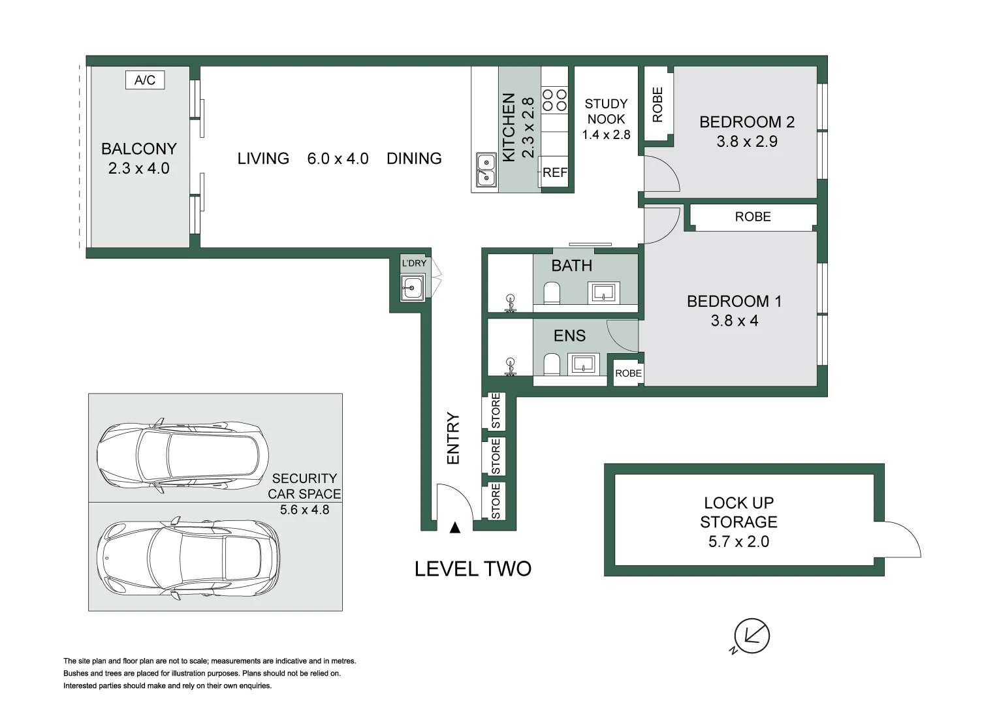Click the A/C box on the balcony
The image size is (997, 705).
pos(145,80)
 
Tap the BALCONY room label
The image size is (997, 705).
pos(138,149)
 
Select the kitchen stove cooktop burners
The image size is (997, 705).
pos(554,100)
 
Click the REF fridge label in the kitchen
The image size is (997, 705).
pos(554,173)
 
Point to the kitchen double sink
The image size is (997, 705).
pos(485,170)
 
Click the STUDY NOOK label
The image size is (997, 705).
pos(606,112)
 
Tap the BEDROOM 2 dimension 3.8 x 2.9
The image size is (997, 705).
pos(746,142)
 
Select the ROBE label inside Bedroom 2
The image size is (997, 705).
pos(657,104)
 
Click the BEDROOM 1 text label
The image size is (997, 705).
pos(734,302)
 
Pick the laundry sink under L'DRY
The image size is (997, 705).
pos(412,287)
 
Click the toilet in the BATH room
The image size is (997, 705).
pos(552,293)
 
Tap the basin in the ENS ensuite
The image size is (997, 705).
pos(583,364)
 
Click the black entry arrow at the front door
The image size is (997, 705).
pos(455,527)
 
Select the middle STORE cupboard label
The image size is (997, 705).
pos(496,456)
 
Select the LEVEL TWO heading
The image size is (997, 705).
pos(473,569)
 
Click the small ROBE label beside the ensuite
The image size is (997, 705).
pos(628,373)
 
